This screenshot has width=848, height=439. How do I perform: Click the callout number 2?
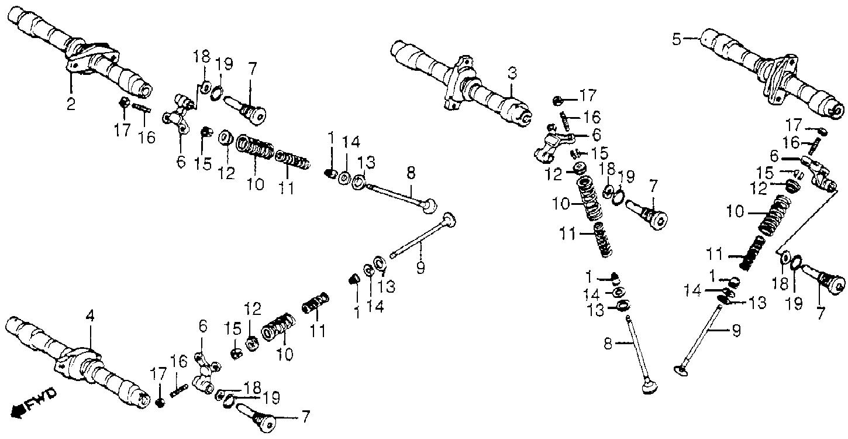pyautogui.click(x=71, y=103)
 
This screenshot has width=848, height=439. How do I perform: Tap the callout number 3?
pyautogui.click(x=512, y=73)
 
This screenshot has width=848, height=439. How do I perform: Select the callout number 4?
pyautogui.click(x=89, y=316)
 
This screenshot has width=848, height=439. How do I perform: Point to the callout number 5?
pyautogui.click(x=677, y=39)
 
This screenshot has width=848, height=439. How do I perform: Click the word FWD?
pyautogui.click(x=42, y=399)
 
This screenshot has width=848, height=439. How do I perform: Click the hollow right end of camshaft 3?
pyautogui.click(x=525, y=118)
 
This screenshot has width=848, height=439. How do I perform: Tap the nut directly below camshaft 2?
pyautogui.click(x=124, y=102)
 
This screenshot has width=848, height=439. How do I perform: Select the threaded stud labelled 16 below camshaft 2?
pyautogui.click(x=142, y=108)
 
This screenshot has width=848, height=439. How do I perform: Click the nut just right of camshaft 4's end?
pyautogui.click(x=160, y=403)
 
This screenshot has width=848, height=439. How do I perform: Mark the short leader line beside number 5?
pyautogui.click(x=691, y=38)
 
